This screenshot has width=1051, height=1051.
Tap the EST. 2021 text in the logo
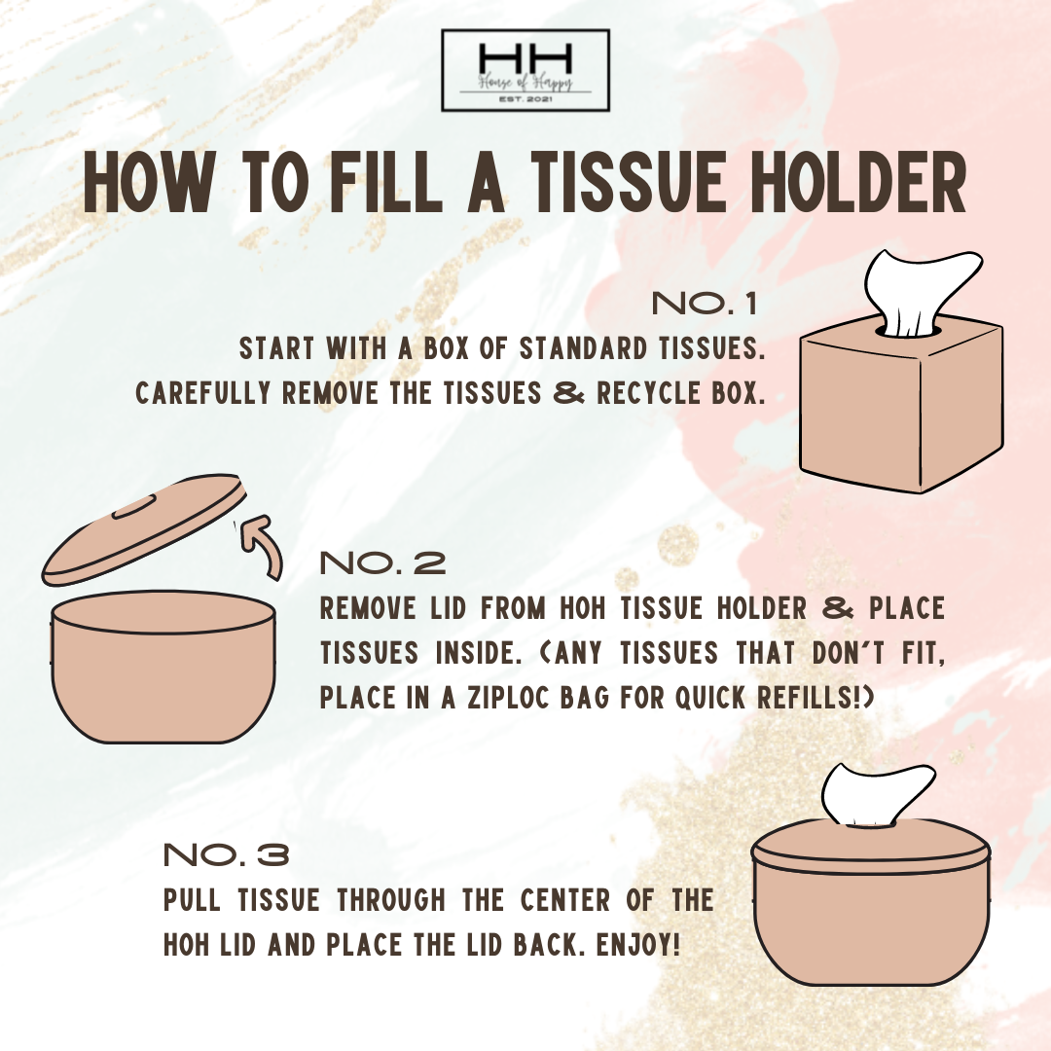(525, 99)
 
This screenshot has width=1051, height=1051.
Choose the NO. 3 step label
(227, 855)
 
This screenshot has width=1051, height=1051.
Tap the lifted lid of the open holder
(143, 532)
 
